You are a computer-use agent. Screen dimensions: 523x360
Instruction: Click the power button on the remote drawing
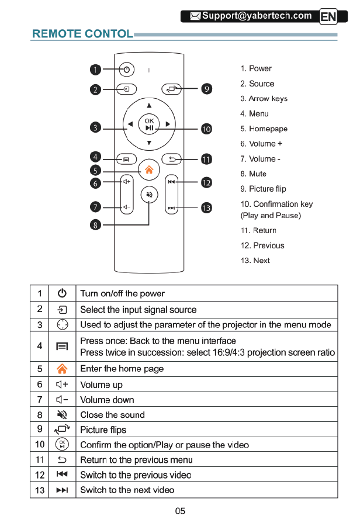tap(126, 70)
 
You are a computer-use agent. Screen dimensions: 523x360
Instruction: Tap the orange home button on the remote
tap(149, 171)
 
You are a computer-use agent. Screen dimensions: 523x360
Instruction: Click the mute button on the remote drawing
tap(150, 195)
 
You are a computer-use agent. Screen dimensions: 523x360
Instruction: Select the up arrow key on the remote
tap(149, 105)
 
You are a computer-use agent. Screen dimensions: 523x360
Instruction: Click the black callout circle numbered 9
tap(206, 89)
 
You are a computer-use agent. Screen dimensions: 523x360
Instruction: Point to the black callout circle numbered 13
tap(206, 207)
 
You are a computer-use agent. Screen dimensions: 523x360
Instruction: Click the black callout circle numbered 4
tap(96, 157)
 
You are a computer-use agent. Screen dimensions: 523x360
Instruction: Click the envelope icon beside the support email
tap(192, 16)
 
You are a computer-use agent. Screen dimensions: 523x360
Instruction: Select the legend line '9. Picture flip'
tap(263, 189)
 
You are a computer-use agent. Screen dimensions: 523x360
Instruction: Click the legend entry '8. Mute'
tap(253, 174)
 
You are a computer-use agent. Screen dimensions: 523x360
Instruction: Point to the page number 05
tap(180, 511)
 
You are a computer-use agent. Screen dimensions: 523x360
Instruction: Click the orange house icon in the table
tap(62, 369)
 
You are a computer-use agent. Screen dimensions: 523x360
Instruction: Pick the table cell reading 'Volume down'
tap(107, 400)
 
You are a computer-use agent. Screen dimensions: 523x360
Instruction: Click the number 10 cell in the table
tap(40, 445)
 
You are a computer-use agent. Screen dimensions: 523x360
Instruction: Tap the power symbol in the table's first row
tap(62, 293)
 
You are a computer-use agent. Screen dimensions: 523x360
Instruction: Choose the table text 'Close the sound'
tap(112, 415)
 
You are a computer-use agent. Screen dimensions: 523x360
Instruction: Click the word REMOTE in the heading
tap(56, 34)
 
